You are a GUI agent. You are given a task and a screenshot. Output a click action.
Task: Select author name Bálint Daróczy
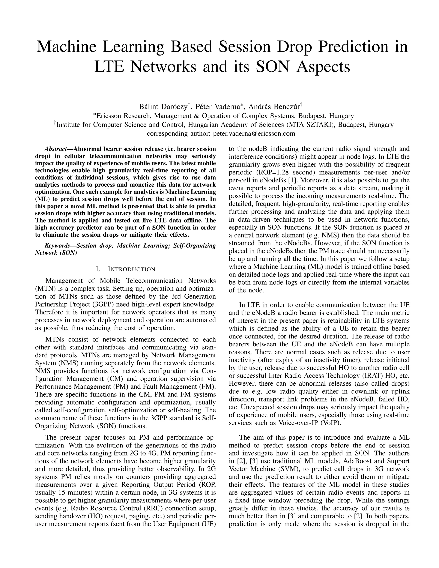[163, 107]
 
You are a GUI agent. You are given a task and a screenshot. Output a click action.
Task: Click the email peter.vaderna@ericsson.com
[254, 134]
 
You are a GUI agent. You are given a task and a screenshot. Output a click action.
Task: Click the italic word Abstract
[55, 149]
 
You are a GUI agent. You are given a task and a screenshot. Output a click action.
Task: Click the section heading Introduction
[131, 269]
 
